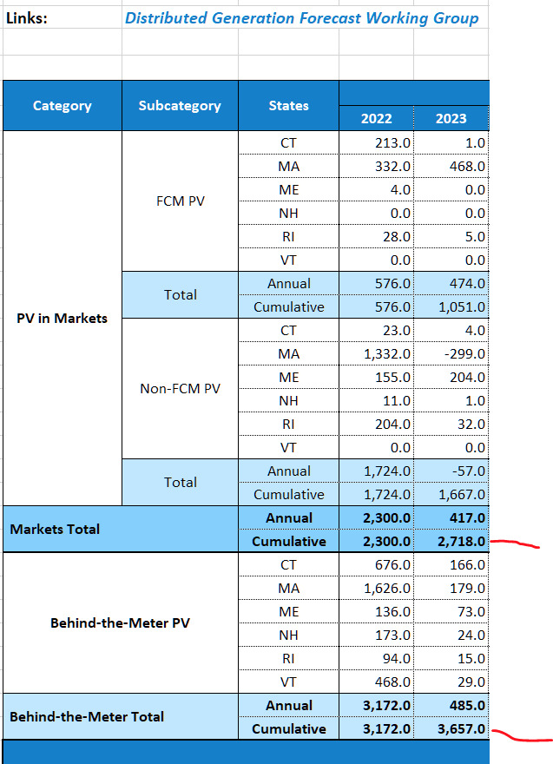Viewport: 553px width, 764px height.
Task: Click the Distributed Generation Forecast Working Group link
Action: click(301, 18)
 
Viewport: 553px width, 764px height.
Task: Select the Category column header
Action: click(62, 106)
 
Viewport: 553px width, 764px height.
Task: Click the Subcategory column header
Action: click(180, 106)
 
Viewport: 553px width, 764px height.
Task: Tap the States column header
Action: click(288, 106)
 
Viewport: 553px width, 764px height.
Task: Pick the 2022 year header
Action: click(376, 119)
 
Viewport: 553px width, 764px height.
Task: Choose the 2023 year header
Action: click(451, 119)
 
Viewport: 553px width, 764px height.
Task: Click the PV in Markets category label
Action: click(62, 319)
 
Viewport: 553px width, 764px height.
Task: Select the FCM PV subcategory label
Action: click(180, 201)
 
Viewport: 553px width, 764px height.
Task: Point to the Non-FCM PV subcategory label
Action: click(180, 389)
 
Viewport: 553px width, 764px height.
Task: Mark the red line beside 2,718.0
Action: click(516, 545)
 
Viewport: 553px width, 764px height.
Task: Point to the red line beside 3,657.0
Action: click(521, 737)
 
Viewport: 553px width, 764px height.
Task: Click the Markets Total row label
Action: click(55, 530)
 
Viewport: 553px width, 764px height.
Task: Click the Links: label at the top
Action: click(27, 18)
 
